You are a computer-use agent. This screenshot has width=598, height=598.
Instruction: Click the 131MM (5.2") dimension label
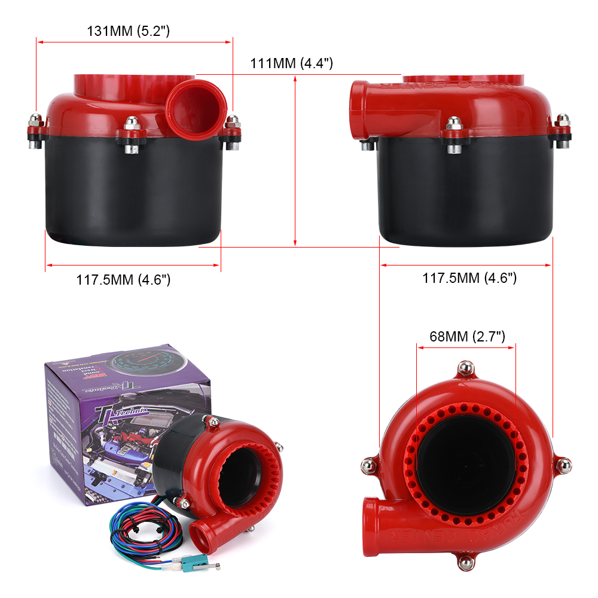[129, 32]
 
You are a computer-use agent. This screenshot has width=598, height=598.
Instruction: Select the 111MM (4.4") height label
[291, 63]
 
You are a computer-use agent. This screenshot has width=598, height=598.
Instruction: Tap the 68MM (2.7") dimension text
[468, 336]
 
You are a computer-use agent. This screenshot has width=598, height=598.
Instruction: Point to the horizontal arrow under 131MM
[134, 42]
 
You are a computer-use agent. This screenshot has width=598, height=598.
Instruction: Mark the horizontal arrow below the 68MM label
[466, 344]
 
